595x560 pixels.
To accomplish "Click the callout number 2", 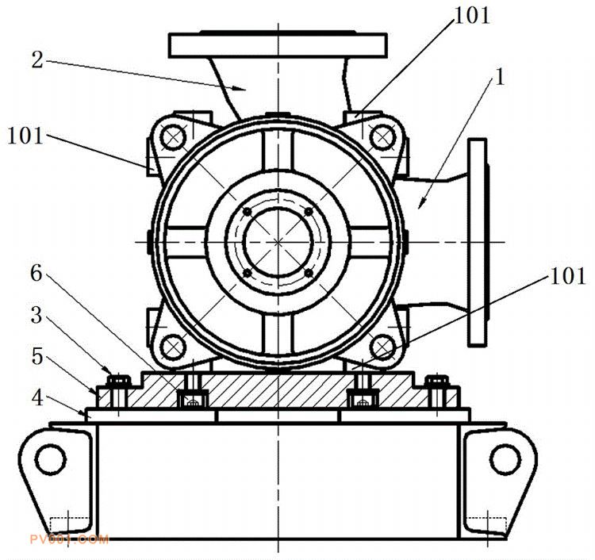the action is [x=37, y=60].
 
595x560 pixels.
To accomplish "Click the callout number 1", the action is [x=500, y=77].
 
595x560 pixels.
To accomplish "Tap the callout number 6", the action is [x=36, y=273].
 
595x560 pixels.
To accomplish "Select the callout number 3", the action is [x=36, y=315].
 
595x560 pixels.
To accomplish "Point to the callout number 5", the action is [x=36, y=357].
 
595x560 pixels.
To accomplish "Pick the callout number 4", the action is [x=37, y=398].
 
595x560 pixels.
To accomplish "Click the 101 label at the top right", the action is [x=472, y=16].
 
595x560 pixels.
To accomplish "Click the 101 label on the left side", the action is [x=25, y=136].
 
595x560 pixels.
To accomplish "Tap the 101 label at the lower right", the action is [x=568, y=276].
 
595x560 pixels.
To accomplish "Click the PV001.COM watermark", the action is [x=70, y=539].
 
